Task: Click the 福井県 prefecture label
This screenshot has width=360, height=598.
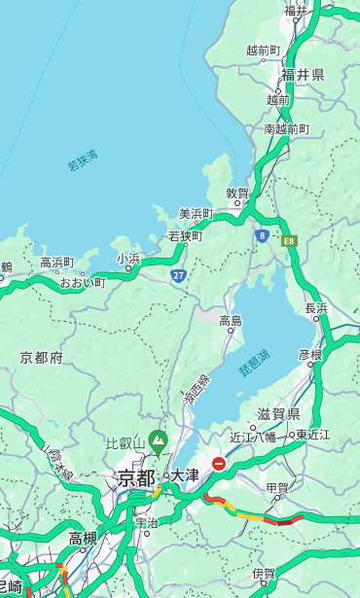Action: pos(303,75)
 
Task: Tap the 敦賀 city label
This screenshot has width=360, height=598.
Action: pos(237,193)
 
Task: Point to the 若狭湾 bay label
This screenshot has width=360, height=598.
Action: pos(83,161)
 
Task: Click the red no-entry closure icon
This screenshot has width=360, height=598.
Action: pos(220,465)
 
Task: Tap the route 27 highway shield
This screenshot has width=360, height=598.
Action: pos(179,275)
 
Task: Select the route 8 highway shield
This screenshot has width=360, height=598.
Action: pos(262,235)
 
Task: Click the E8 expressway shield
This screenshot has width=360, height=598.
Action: pos(289,240)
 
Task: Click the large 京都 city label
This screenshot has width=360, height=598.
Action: pos(136,477)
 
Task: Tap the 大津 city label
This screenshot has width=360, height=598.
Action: pos(184,475)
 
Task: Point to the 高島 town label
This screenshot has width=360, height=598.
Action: pos(231,321)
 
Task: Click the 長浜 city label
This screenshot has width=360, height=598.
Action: pos(316,308)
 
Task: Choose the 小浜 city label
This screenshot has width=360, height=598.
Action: pos(128,258)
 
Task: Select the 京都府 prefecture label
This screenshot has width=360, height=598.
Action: pos(42,358)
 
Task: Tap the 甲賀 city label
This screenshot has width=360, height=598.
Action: pos(277,486)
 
